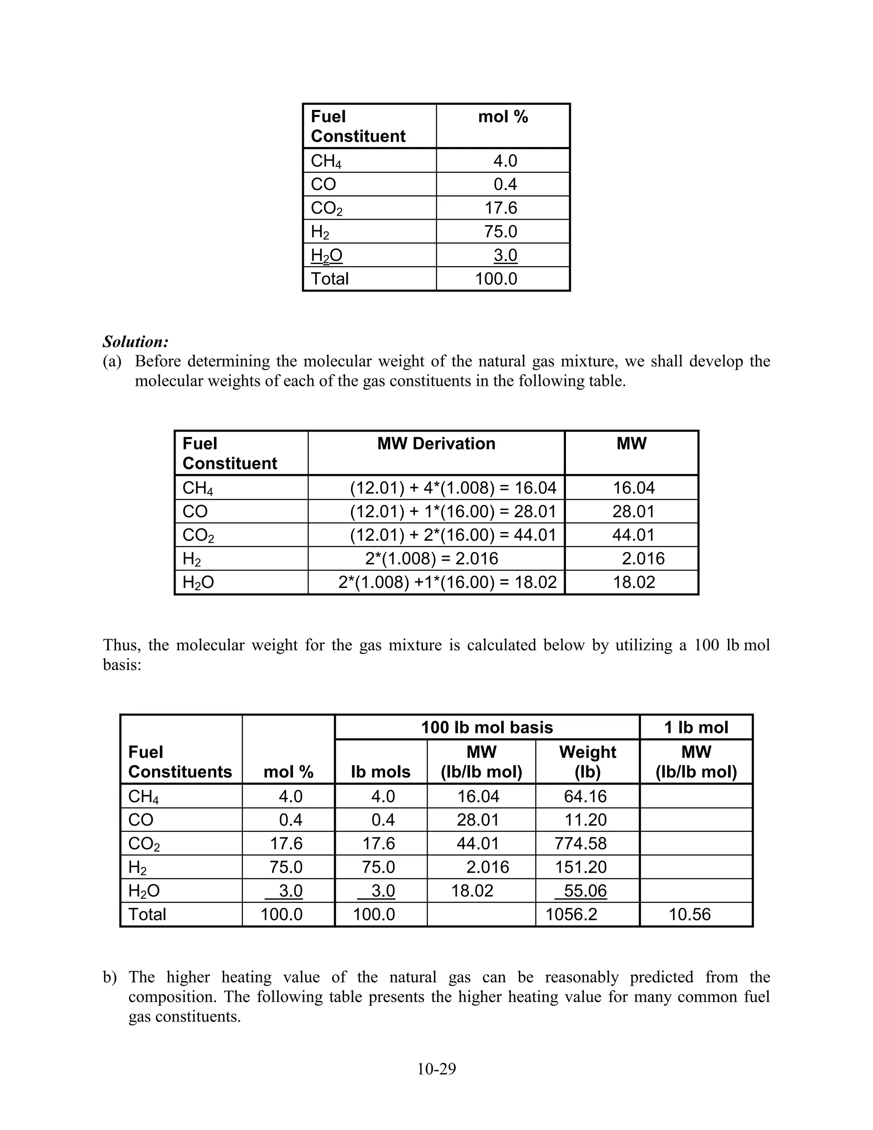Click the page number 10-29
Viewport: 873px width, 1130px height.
(x=436, y=1069)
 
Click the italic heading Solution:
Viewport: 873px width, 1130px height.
(x=136, y=342)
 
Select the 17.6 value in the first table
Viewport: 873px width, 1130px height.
(x=500, y=208)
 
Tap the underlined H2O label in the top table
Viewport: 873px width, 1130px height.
(x=327, y=255)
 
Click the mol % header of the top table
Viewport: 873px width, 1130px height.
(x=503, y=117)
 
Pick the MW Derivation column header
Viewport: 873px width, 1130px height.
(x=436, y=443)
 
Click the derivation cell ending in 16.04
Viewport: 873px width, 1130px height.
(x=453, y=487)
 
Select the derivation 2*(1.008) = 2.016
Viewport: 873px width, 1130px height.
(x=431, y=558)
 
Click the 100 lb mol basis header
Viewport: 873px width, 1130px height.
(x=487, y=727)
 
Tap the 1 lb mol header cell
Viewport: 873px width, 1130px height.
(x=696, y=727)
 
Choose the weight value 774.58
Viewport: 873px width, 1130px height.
(x=580, y=843)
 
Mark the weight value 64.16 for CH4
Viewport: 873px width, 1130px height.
(x=585, y=796)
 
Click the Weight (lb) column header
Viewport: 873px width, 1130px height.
(x=587, y=762)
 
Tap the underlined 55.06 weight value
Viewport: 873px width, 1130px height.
(x=585, y=890)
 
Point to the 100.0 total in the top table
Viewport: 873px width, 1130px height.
(x=496, y=279)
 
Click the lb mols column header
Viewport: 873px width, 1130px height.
(x=380, y=771)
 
